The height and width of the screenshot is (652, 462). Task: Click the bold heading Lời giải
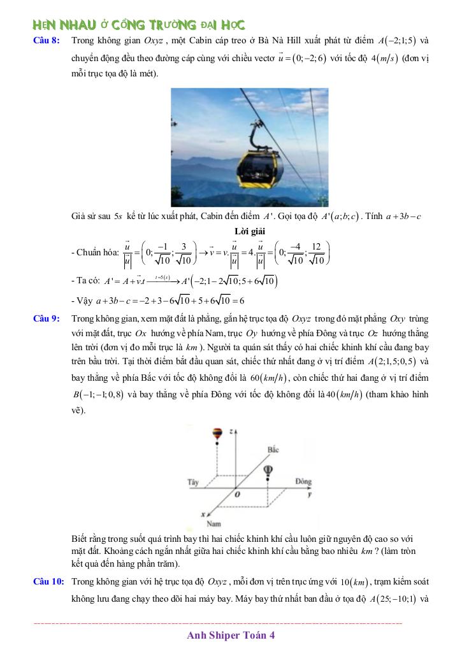250,232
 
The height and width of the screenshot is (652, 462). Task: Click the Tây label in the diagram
192,482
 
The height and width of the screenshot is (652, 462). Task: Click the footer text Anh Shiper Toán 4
231,635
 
